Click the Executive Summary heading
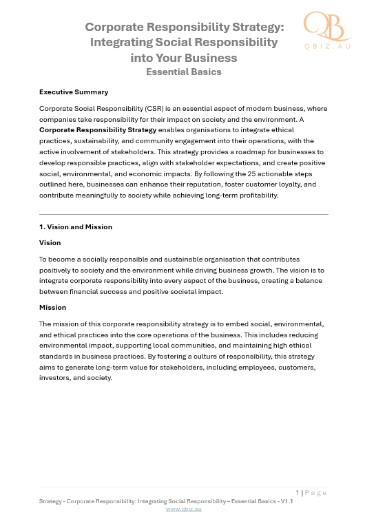[x=73, y=92]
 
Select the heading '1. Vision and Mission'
[x=76, y=226]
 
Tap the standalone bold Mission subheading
[x=52, y=307]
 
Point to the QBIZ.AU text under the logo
[x=328, y=47]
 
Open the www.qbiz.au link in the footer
[x=183, y=509]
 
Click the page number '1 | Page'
[x=311, y=492]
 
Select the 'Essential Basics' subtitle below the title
[x=183, y=72]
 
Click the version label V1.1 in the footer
[x=284, y=501]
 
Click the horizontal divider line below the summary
[x=183, y=214]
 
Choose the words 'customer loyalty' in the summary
[x=272, y=184]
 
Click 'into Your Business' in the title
[x=183, y=57]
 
